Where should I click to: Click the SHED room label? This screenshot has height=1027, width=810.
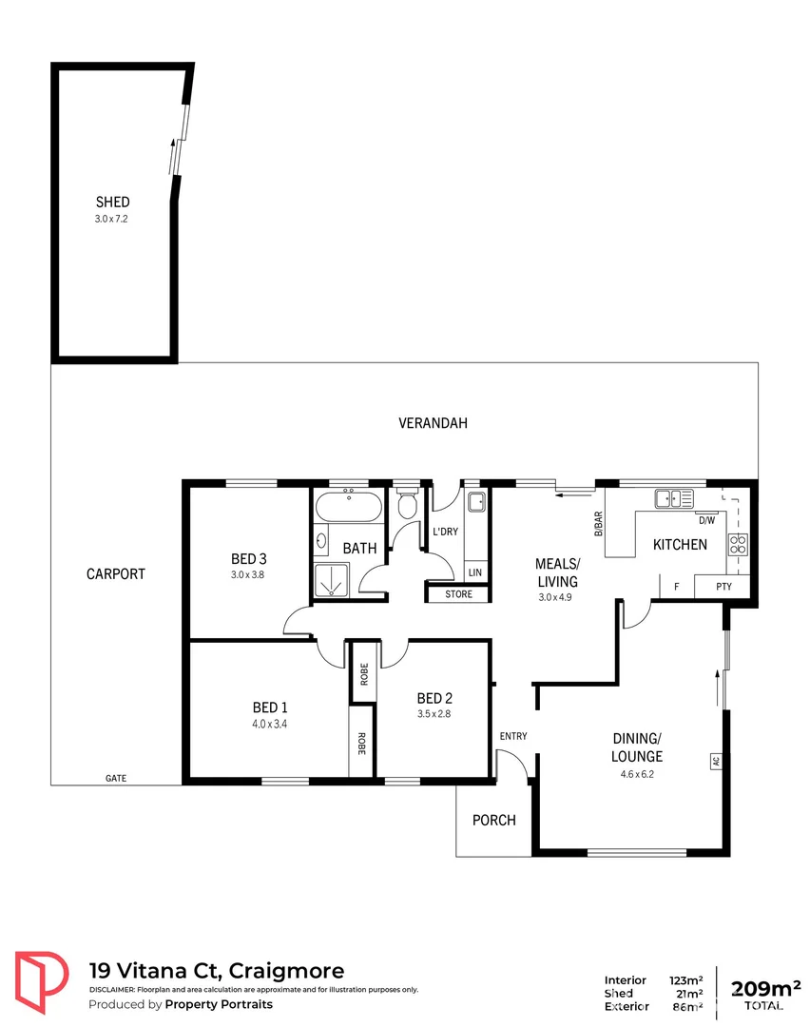[x=112, y=202]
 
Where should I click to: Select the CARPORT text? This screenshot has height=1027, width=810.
[x=116, y=573]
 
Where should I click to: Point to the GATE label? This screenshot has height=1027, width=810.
[x=116, y=778]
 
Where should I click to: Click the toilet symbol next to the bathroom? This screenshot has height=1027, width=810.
[x=408, y=504]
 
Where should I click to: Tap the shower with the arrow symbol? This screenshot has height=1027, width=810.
[x=329, y=580]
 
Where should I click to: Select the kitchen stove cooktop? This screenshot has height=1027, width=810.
[x=738, y=545]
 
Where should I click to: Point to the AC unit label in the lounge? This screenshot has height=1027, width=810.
[x=714, y=761]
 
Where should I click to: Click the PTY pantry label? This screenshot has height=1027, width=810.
[x=723, y=587]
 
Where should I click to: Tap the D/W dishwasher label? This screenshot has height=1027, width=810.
[x=706, y=520]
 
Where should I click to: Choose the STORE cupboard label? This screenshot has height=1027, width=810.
[x=458, y=595]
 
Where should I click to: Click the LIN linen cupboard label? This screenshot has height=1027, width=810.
[x=473, y=572]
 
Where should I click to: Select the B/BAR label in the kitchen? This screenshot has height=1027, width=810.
[x=599, y=524]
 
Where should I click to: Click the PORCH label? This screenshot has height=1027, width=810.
[x=494, y=820]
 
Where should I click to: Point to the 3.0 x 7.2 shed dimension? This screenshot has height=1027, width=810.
[x=112, y=219]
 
